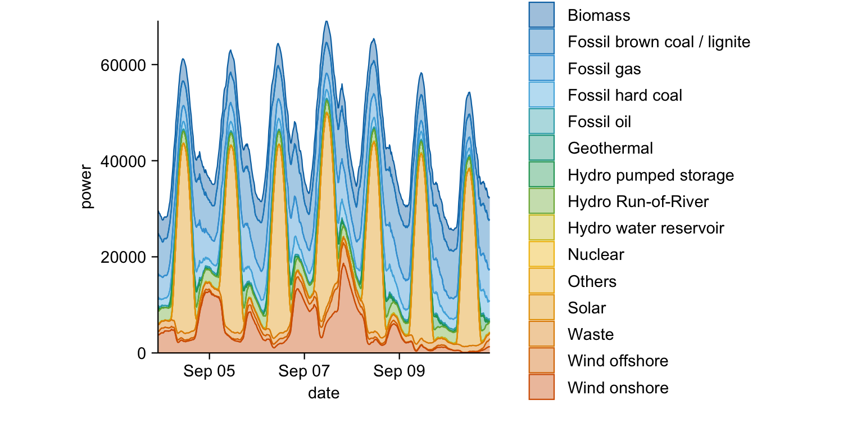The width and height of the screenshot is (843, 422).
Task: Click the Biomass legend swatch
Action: tap(542, 15)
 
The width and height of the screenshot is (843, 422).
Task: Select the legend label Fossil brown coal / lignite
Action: tap(659, 42)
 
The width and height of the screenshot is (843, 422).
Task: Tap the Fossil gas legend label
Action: tap(604, 69)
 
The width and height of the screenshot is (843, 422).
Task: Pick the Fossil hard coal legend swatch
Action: tap(542, 95)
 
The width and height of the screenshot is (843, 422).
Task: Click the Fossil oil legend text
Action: tap(599, 122)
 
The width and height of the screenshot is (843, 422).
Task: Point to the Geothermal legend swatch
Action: tap(542, 148)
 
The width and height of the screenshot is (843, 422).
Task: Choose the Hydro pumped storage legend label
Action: tap(651, 175)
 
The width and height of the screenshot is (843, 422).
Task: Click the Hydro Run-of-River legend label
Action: tap(638, 201)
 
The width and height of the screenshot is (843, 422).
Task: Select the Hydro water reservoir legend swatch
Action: tap(542, 228)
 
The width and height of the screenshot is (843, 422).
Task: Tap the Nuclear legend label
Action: tap(596, 255)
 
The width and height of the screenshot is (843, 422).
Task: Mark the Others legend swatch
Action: tap(542, 281)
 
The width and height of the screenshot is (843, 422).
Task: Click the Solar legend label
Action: tap(587, 308)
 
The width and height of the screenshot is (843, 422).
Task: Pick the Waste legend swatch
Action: tap(542, 334)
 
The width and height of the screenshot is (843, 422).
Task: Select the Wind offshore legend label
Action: tap(618, 361)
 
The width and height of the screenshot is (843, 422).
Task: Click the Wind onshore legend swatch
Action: tap(542, 388)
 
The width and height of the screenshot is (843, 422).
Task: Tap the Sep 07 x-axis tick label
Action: tap(304, 372)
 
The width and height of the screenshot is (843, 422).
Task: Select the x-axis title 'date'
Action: tap(324, 393)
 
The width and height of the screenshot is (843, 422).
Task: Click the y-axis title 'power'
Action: tap(86, 187)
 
